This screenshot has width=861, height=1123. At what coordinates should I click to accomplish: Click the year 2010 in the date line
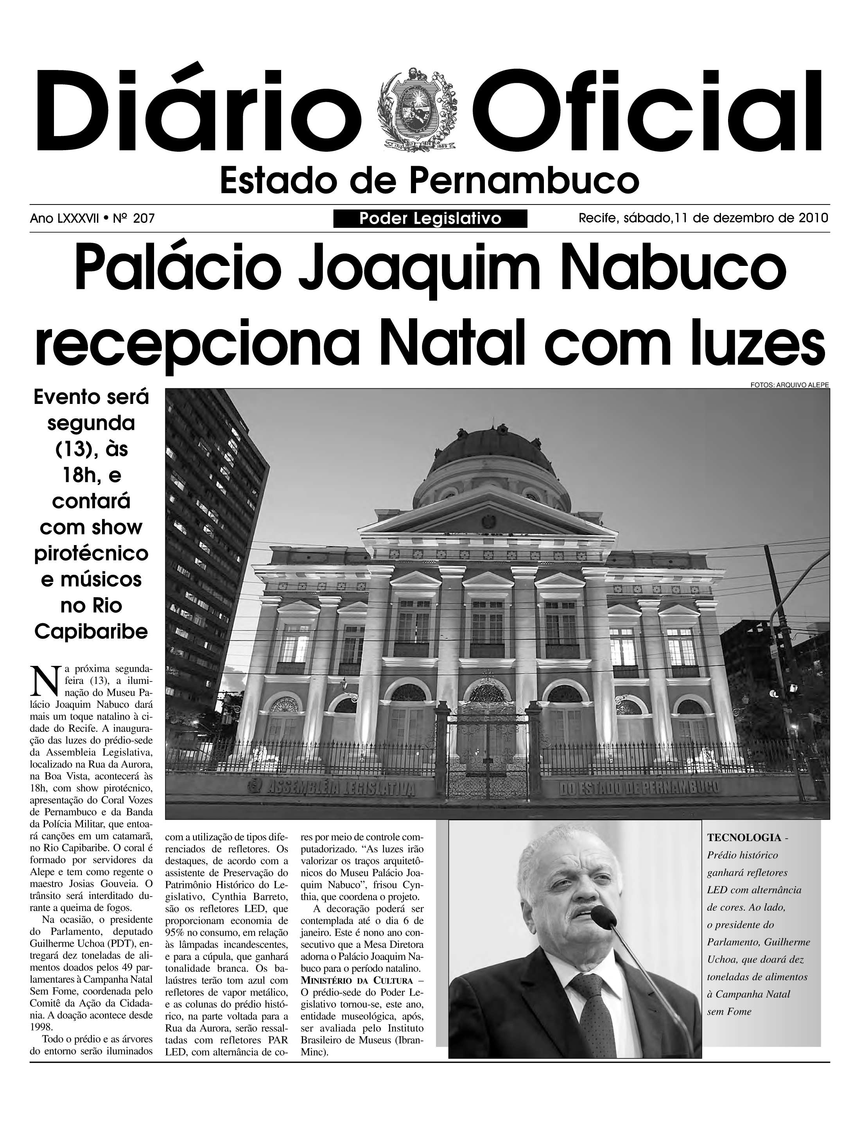click(x=813, y=218)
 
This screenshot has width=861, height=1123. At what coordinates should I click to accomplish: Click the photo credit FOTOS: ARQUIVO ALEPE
click(x=789, y=384)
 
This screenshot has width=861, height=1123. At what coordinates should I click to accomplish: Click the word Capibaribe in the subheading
click(x=91, y=632)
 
